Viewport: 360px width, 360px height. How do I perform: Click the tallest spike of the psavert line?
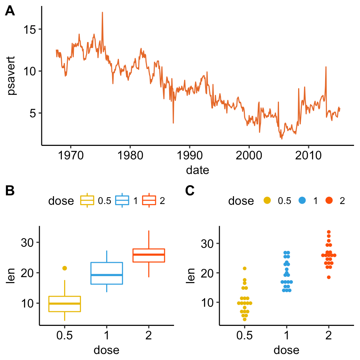pyautogui.click(x=102, y=13)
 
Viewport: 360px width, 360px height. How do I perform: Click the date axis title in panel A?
pyautogui.click(x=197, y=170)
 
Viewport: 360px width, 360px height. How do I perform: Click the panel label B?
pyautogui.click(x=10, y=191)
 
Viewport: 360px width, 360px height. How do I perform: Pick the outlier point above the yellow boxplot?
pyautogui.click(x=64, y=268)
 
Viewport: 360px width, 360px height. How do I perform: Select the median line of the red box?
pyautogui.click(x=149, y=255)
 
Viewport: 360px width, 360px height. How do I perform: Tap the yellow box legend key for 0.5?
pyautogui.click(x=87, y=201)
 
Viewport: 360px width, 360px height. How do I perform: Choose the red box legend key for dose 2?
pyautogui.click(x=149, y=201)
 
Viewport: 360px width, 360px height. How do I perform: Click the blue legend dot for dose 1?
pyautogui.click(x=302, y=201)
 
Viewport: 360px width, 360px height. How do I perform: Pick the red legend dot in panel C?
pyautogui.click(x=329, y=201)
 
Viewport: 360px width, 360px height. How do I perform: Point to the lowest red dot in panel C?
pyautogui.click(x=329, y=277)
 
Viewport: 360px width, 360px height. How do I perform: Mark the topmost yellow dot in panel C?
pyautogui.click(x=245, y=268)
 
